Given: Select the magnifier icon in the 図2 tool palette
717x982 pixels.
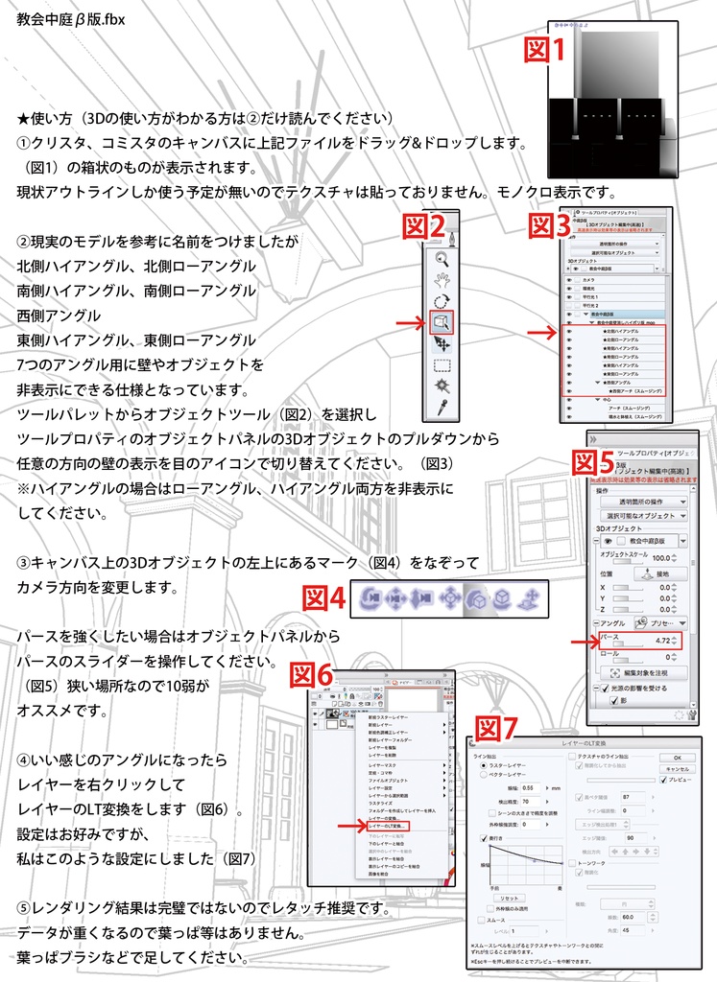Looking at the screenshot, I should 442,258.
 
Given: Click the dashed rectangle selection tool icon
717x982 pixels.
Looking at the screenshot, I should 442,365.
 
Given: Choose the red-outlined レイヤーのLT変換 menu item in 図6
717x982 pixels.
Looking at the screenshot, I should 388,825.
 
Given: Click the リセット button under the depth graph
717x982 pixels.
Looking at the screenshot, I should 509,897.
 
